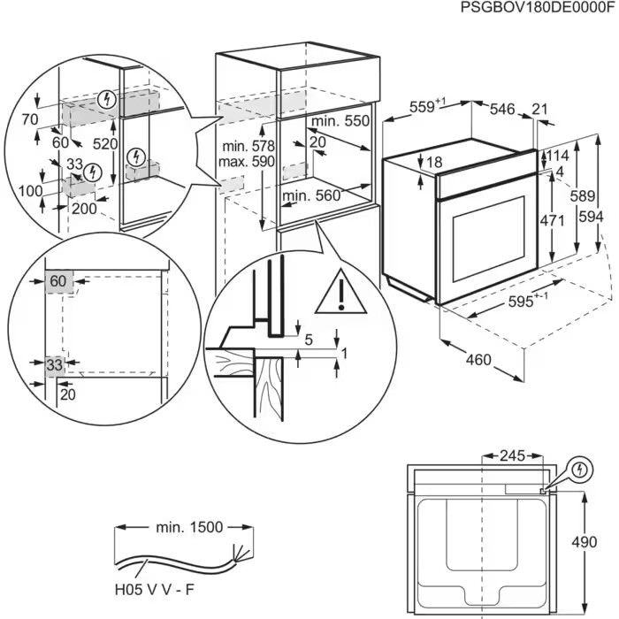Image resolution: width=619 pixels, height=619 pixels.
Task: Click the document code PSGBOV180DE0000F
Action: (536, 8)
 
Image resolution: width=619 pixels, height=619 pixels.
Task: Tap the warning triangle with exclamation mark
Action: (340, 291)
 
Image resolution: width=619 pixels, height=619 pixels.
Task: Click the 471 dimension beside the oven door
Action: (553, 220)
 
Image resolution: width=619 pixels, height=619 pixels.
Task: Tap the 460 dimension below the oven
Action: (478, 360)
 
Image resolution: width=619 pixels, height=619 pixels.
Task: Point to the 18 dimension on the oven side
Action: (433, 162)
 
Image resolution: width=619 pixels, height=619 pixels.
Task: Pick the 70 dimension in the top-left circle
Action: (28, 118)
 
